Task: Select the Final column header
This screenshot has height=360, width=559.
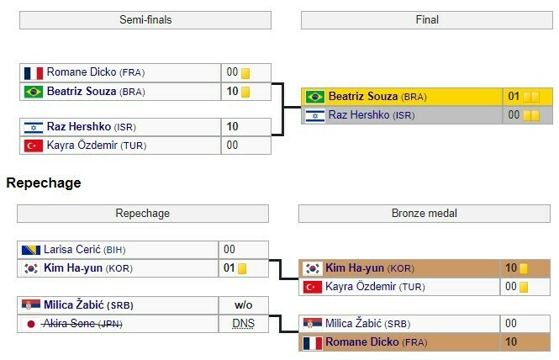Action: (427, 19)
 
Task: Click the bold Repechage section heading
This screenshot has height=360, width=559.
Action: (44, 183)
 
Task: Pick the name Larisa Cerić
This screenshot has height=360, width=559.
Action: (76, 250)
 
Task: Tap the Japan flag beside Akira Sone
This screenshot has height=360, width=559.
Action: (31, 324)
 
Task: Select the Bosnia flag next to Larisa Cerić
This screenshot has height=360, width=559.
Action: (31, 250)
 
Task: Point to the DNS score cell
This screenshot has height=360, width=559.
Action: (243, 324)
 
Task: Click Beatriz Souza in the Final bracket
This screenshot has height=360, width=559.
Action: (363, 97)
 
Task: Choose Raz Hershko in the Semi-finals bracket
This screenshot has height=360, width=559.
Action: (79, 127)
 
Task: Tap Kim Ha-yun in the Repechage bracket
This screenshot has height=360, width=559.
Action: (76, 269)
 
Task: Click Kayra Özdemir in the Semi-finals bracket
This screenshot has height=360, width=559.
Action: (83, 146)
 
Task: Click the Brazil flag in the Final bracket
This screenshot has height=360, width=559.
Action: (315, 97)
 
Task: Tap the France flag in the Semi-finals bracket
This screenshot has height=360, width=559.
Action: (34, 72)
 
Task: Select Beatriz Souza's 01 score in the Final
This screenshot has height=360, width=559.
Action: (514, 97)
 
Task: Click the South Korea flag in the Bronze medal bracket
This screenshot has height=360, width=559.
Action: (312, 268)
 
